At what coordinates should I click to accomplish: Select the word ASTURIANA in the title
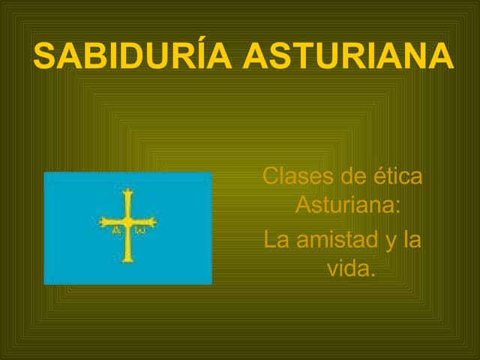pyautogui.click(x=348, y=57)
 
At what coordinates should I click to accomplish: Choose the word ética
pyautogui.click(x=397, y=178)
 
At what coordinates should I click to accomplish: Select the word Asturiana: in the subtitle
pyautogui.click(x=347, y=205)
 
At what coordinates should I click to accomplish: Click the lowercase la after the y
pyautogui.click(x=412, y=241)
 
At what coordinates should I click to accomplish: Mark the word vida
pyautogui.click(x=351, y=268)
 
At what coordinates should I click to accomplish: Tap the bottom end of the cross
pyautogui.click(x=128, y=259)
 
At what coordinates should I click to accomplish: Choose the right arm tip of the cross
pyautogui.click(x=155, y=222)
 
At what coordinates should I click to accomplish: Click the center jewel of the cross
pyautogui.click(x=128, y=222)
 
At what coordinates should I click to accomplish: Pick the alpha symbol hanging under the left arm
pyautogui.click(x=116, y=232)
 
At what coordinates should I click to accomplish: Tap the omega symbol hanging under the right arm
pyautogui.click(x=140, y=232)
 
